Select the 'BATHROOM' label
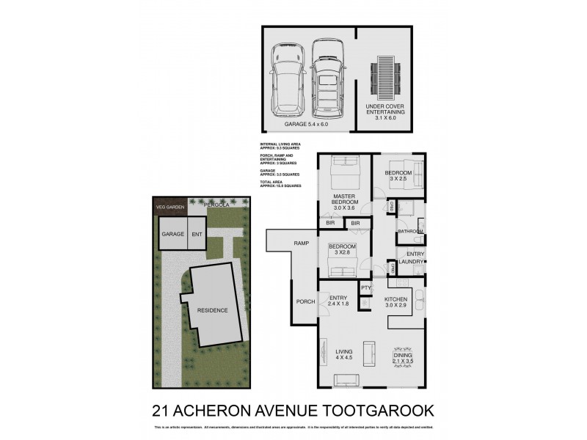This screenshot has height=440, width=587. point(410,232)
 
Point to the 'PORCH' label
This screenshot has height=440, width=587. point(305,301)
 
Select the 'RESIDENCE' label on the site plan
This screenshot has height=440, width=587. point(211,310)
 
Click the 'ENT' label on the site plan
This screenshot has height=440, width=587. point(196,235)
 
